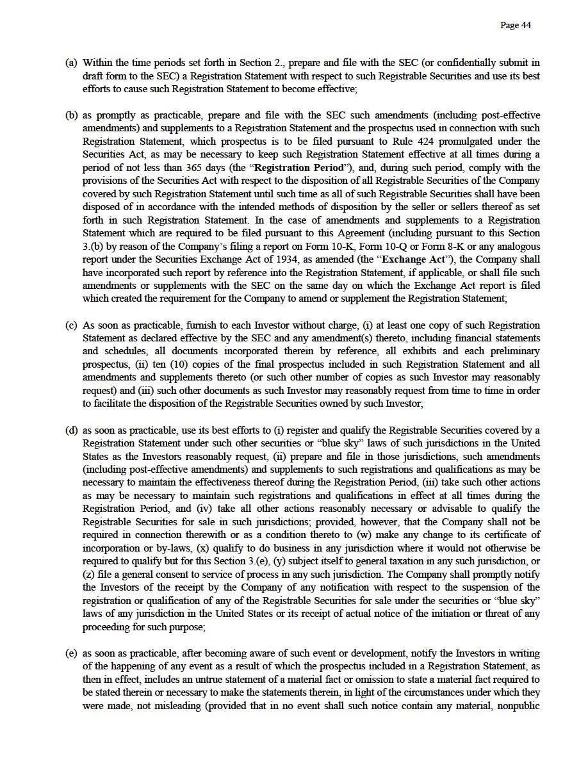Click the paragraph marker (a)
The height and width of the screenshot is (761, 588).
71,63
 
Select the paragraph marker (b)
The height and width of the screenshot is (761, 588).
71,115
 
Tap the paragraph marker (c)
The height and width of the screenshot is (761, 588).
71,325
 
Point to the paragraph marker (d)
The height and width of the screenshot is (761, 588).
71,430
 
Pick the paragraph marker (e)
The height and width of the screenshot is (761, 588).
71,653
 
